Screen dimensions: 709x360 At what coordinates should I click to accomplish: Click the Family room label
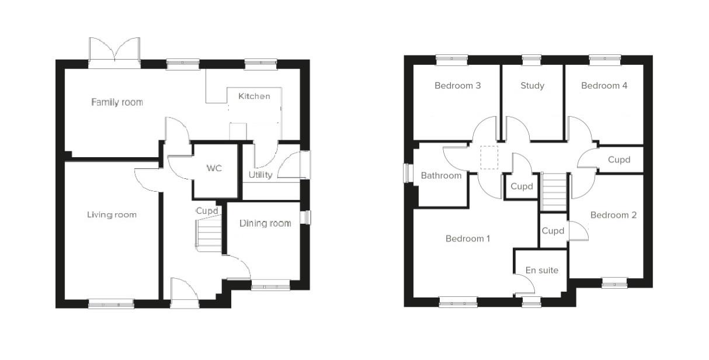click(x=117, y=102)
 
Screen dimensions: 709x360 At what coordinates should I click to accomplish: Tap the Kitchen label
click(x=254, y=96)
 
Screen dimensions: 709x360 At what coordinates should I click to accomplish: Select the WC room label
click(x=214, y=168)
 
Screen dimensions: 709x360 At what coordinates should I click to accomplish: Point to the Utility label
click(x=260, y=175)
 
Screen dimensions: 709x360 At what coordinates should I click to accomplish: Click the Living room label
click(x=112, y=214)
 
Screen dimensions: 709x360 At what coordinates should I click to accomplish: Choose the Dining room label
click(x=265, y=223)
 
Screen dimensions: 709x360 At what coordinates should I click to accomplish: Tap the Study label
click(x=533, y=86)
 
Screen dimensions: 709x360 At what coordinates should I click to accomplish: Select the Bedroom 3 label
click(x=458, y=85)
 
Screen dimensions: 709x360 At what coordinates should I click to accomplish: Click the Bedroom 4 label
click(x=604, y=85)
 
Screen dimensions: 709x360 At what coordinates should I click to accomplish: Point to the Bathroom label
click(x=441, y=175)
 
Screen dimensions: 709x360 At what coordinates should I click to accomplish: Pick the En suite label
click(x=542, y=270)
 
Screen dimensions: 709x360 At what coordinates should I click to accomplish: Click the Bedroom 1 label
click(x=468, y=238)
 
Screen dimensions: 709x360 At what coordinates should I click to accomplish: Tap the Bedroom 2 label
click(x=613, y=215)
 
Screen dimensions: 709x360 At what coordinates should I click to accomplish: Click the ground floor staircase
click(x=208, y=233)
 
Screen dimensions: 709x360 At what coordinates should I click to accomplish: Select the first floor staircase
click(x=554, y=192)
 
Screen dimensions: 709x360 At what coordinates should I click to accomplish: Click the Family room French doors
click(x=114, y=52)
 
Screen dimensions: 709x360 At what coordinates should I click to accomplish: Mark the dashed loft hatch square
click(x=489, y=157)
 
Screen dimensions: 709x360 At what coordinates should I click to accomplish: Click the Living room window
click(x=111, y=304)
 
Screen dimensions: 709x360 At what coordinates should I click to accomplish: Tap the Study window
click(x=531, y=60)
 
